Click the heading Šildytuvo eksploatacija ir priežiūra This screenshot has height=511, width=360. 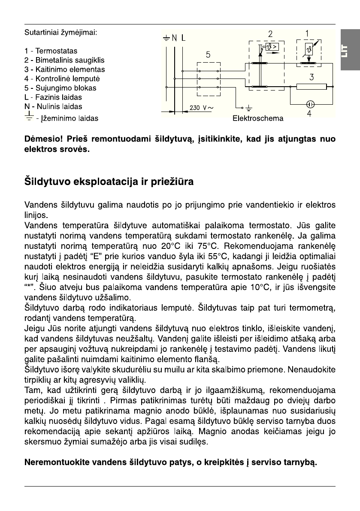(x=109, y=182)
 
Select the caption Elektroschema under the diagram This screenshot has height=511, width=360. (x=257, y=118)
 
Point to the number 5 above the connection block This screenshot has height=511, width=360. (x=208, y=54)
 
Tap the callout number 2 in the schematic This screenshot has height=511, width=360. (x=270, y=33)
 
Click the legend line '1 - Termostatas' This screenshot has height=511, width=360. (x=51, y=51)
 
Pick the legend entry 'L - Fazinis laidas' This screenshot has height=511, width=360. (x=53, y=97)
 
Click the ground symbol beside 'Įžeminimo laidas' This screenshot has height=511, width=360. (x=29, y=116)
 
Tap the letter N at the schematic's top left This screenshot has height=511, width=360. (x=174, y=38)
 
